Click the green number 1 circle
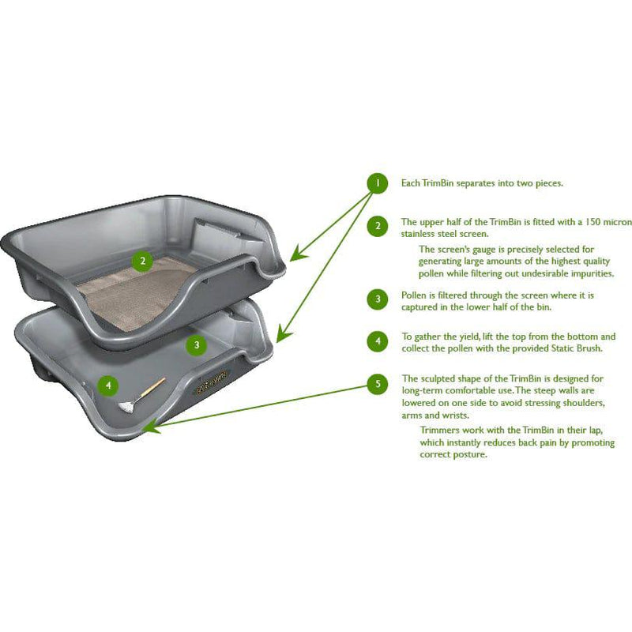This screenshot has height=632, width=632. (x=378, y=183)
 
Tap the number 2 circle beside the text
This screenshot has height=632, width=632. (x=378, y=227)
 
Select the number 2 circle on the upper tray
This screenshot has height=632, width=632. (x=142, y=261)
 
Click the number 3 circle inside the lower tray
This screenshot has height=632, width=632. (x=197, y=344)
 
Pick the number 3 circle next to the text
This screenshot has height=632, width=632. (x=378, y=299)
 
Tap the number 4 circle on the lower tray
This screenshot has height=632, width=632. (x=108, y=386)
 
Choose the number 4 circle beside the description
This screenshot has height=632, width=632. (x=378, y=341)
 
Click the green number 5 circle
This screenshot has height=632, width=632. (x=378, y=384)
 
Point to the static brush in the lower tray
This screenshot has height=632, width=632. (x=142, y=397)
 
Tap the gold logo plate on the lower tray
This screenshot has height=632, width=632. (x=209, y=383)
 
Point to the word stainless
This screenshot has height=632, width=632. (x=420, y=233)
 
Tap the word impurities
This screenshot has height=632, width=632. (x=587, y=273)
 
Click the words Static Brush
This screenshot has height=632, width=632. (x=587, y=348)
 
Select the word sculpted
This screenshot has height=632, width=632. (x=438, y=378)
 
